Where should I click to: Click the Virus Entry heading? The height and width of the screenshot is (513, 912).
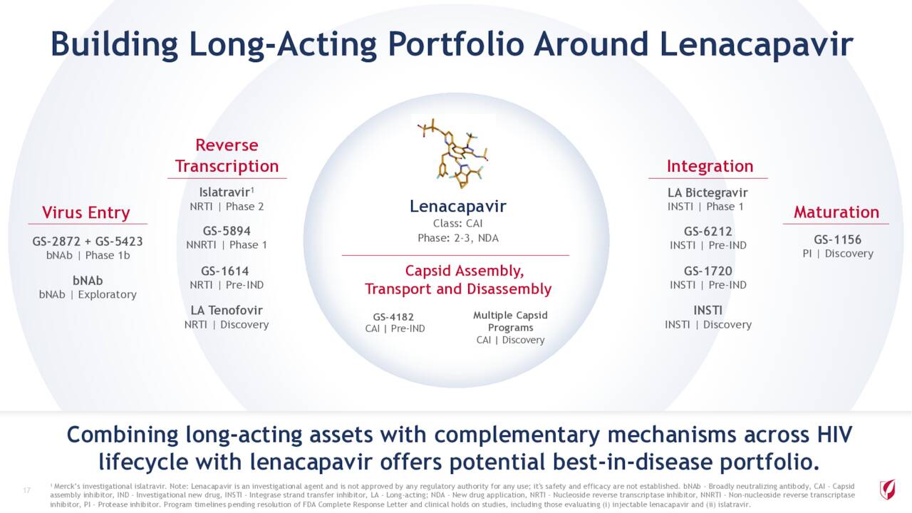[86, 212]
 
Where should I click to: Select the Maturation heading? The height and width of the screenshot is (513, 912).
[836, 212]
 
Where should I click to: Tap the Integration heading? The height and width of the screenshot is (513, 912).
[710, 166]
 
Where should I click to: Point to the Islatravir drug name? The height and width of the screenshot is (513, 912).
[224, 192]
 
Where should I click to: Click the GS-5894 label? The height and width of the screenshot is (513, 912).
[227, 231]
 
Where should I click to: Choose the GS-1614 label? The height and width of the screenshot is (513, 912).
[224, 271]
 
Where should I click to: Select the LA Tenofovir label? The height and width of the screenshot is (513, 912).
[227, 310]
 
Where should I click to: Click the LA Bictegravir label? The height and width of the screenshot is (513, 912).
[708, 192]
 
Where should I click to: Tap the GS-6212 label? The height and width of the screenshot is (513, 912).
[708, 232]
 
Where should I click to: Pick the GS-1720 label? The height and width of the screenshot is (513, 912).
[708, 271]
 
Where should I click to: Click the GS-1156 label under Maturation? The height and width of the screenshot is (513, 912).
[837, 239]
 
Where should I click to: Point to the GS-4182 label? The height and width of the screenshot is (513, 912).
[393, 317]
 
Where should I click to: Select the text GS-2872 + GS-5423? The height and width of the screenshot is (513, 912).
[88, 242]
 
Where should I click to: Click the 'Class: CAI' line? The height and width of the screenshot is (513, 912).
[457, 223]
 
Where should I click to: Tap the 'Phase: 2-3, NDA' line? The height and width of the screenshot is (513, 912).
[458, 238]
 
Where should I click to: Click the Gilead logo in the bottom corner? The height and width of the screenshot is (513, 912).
[887, 489]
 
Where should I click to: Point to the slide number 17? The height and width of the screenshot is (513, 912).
[27, 490]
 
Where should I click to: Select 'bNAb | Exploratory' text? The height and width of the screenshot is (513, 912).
[88, 294]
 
